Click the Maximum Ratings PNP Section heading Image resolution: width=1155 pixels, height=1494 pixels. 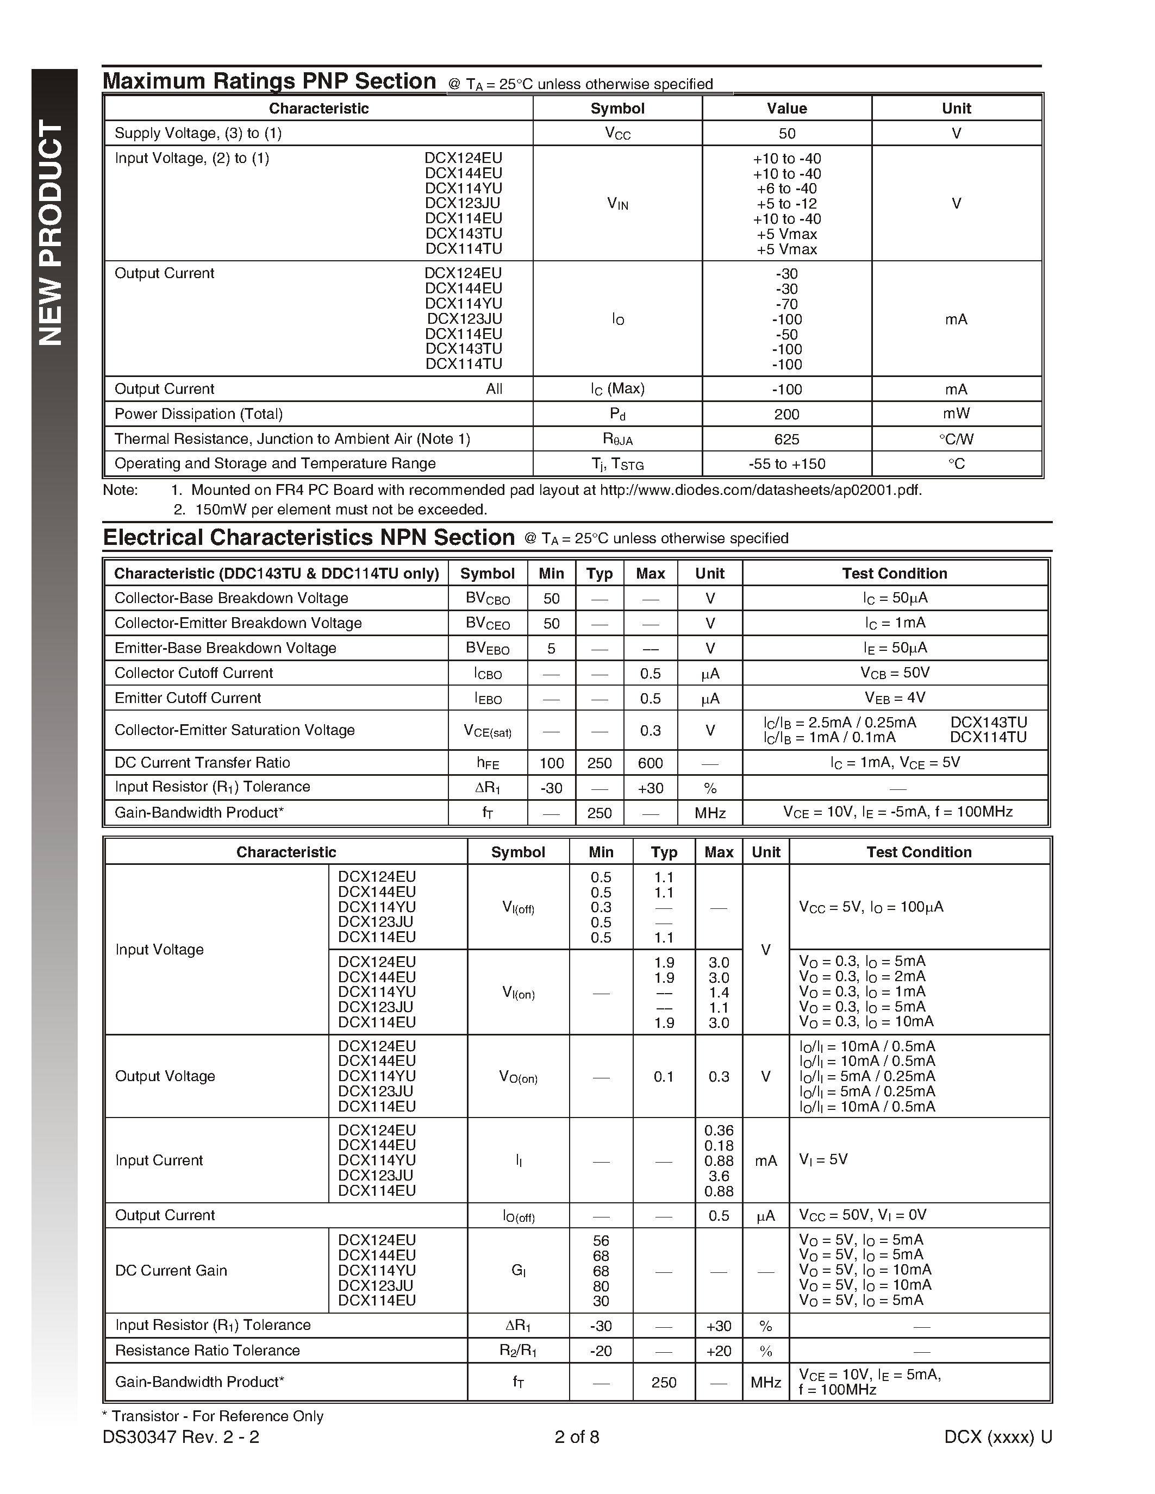click(x=269, y=81)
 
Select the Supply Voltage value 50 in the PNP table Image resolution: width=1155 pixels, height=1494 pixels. click(x=787, y=134)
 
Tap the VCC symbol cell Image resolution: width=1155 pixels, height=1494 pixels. click(x=617, y=134)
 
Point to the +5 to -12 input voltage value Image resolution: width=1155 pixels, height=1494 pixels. click(x=787, y=204)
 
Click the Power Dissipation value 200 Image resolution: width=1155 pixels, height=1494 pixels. click(x=787, y=415)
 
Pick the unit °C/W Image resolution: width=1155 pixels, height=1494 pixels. click(x=956, y=439)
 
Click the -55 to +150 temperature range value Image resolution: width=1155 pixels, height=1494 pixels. click(x=787, y=464)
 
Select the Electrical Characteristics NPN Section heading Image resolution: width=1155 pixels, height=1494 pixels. click(x=309, y=538)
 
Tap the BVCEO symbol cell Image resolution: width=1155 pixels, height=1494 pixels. click(x=487, y=623)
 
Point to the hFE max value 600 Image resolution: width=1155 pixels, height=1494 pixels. click(x=650, y=763)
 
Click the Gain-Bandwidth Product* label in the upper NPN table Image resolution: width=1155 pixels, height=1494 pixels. click(x=198, y=813)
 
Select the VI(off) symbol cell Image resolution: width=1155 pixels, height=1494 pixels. click(x=518, y=908)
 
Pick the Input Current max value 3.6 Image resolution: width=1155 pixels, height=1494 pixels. click(x=719, y=1176)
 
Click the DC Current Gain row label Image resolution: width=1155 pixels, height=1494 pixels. click(x=171, y=1270)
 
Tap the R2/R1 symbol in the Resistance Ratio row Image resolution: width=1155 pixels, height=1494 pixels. click(x=518, y=1351)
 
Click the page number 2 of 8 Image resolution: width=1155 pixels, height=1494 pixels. click(x=577, y=1437)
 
